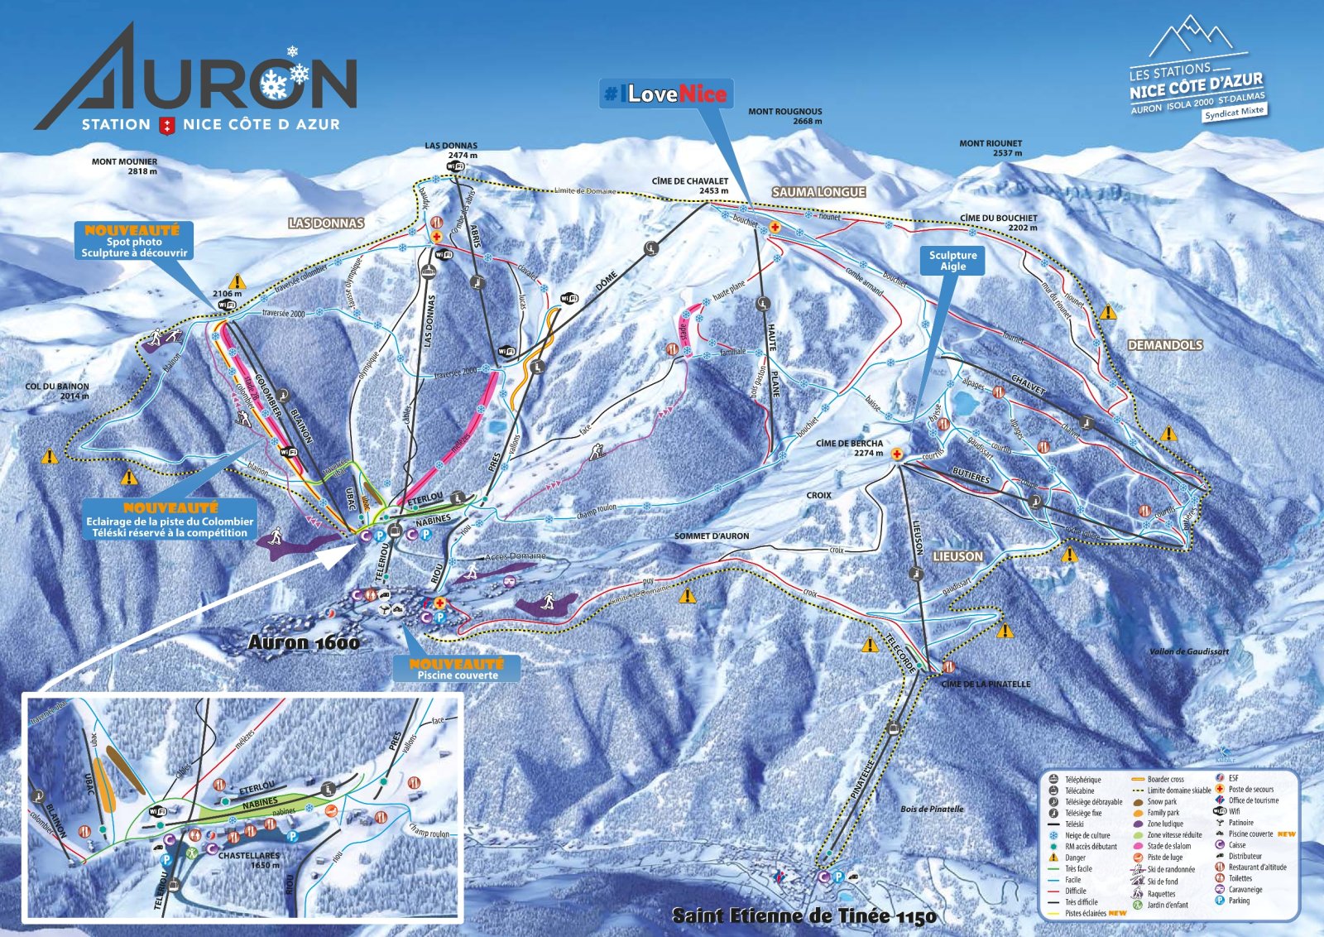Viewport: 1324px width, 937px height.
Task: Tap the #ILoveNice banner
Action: [x=666, y=94]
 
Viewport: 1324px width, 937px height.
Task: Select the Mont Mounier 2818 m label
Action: [x=124, y=166]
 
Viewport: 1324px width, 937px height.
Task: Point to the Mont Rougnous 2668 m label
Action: [x=784, y=116]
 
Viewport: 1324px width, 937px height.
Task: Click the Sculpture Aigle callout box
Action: [x=952, y=261]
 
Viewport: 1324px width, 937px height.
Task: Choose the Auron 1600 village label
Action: [x=304, y=642]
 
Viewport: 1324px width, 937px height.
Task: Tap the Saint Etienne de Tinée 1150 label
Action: [x=804, y=915]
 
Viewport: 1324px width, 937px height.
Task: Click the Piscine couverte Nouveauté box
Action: [x=457, y=669]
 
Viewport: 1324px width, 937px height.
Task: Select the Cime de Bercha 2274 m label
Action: [x=849, y=448]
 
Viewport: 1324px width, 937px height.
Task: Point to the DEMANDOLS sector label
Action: [x=1164, y=345]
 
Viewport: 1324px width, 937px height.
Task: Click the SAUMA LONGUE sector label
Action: [x=818, y=192]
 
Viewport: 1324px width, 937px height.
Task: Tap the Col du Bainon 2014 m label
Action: [x=57, y=391]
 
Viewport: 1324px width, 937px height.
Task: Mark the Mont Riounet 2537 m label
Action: [x=991, y=148]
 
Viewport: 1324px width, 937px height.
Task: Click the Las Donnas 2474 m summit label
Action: [x=451, y=150]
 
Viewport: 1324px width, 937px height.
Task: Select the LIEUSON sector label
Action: [x=957, y=557]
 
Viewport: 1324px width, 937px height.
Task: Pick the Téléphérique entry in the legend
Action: [x=1082, y=780]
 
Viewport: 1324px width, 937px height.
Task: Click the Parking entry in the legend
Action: [x=1239, y=901]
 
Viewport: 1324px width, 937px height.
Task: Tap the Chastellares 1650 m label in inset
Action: [x=249, y=860]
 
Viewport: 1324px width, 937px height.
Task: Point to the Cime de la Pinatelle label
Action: [x=986, y=685]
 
